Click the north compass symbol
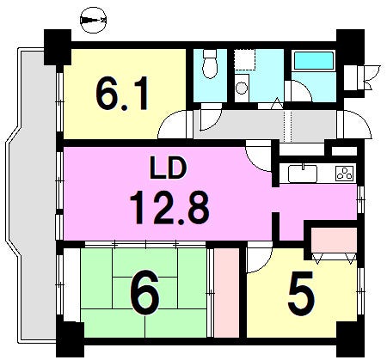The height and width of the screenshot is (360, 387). [93, 20]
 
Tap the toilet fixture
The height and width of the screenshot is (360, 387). [210, 64]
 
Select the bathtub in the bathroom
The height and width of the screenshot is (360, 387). [314, 61]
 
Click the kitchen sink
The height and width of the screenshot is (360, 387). [303, 174]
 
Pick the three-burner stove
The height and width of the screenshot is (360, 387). [345, 173]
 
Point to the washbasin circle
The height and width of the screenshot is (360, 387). [242, 88]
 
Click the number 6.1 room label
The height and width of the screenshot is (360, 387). [122, 93]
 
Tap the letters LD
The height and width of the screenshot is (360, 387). [169, 169]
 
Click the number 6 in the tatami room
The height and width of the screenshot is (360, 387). [144, 292]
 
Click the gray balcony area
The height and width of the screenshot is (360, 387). [31, 195]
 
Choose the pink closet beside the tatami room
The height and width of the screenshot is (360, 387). [226, 293]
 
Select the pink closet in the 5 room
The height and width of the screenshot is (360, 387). [335, 241]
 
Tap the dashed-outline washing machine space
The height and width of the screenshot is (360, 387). [244, 60]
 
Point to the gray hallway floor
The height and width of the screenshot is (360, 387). [265, 125]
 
